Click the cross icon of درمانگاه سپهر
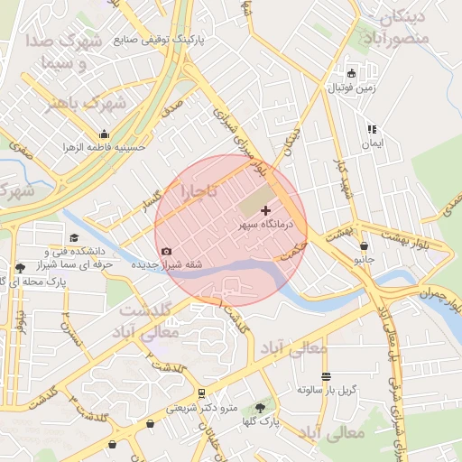coord(264,209)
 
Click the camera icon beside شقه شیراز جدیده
coord(165,252)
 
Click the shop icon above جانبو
coord(363,245)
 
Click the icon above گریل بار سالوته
coord(326,376)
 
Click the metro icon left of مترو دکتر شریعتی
coord(201,393)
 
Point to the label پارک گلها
coord(263,421)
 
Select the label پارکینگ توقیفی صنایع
coord(162,40)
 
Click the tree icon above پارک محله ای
coord(20,268)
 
